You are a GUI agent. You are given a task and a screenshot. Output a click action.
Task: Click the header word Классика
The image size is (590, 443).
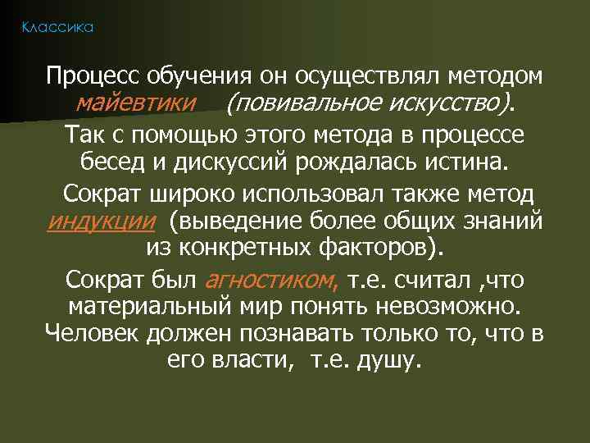coord(57,28)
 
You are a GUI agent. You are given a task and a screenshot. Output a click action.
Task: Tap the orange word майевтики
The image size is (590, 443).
coord(135,103)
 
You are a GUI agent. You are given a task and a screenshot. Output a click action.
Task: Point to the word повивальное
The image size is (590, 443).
coord(303,103)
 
